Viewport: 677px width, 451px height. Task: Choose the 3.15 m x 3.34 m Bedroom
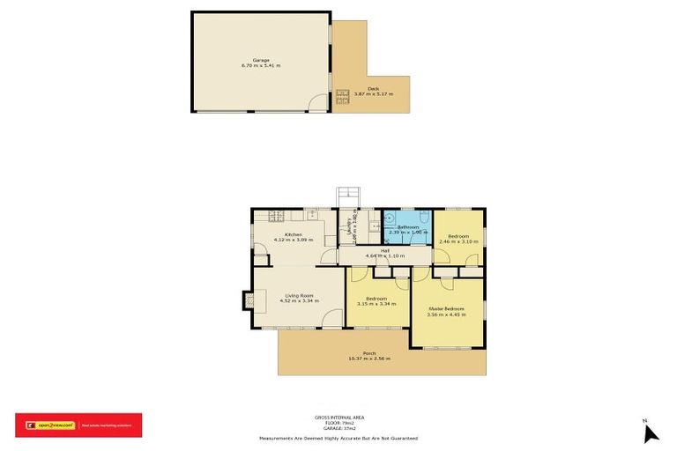click(377, 299)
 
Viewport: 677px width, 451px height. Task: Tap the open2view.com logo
click(53, 425)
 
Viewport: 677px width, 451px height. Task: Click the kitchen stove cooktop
click(275, 215)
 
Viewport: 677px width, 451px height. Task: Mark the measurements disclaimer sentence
click(338, 438)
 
